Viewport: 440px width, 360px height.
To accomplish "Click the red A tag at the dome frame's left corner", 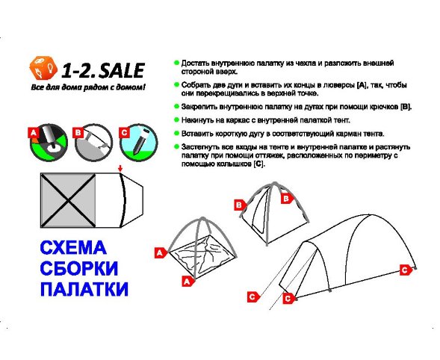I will [x=159, y=253].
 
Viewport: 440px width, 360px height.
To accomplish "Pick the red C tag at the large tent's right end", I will [x=405, y=270].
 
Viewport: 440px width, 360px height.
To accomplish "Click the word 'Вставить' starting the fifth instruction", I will [x=197, y=133].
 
